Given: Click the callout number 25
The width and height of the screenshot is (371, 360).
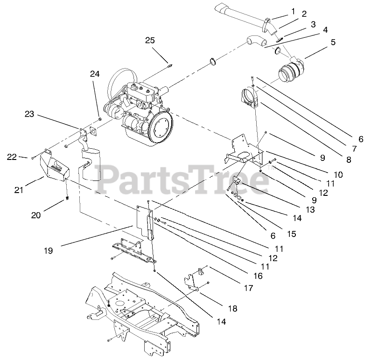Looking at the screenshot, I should [x=150, y=41].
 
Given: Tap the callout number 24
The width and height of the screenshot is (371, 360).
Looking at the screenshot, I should [x=95, y=74].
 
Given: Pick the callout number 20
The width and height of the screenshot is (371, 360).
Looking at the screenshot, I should [x=36, y=215].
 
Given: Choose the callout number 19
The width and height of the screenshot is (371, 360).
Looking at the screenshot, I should [x=49, y=250].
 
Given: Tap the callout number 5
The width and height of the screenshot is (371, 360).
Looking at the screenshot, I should [x=333, y=42].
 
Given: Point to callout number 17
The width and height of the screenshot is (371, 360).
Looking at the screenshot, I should [x=248, y=288].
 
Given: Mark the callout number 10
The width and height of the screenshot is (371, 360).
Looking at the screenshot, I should [x=338, y=174].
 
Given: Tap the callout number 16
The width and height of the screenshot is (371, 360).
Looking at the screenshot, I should [x=258, y=276].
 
